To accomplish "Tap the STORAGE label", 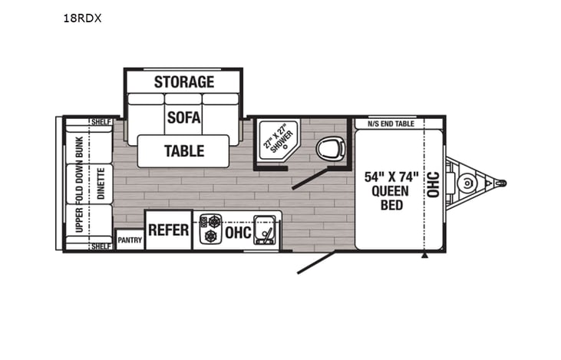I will click(183, 81).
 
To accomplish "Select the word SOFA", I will click(183, 117).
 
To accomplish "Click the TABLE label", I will click(184, 150).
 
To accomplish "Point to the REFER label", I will click(168, 230).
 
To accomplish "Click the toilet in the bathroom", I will click(332, 147).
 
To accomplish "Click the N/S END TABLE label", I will click(391, 124).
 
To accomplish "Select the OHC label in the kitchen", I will click(239, 233).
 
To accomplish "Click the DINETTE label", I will click(101, 183).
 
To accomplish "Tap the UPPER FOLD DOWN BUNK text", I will click(79, 183).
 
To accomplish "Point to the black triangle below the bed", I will click(424, 256).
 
